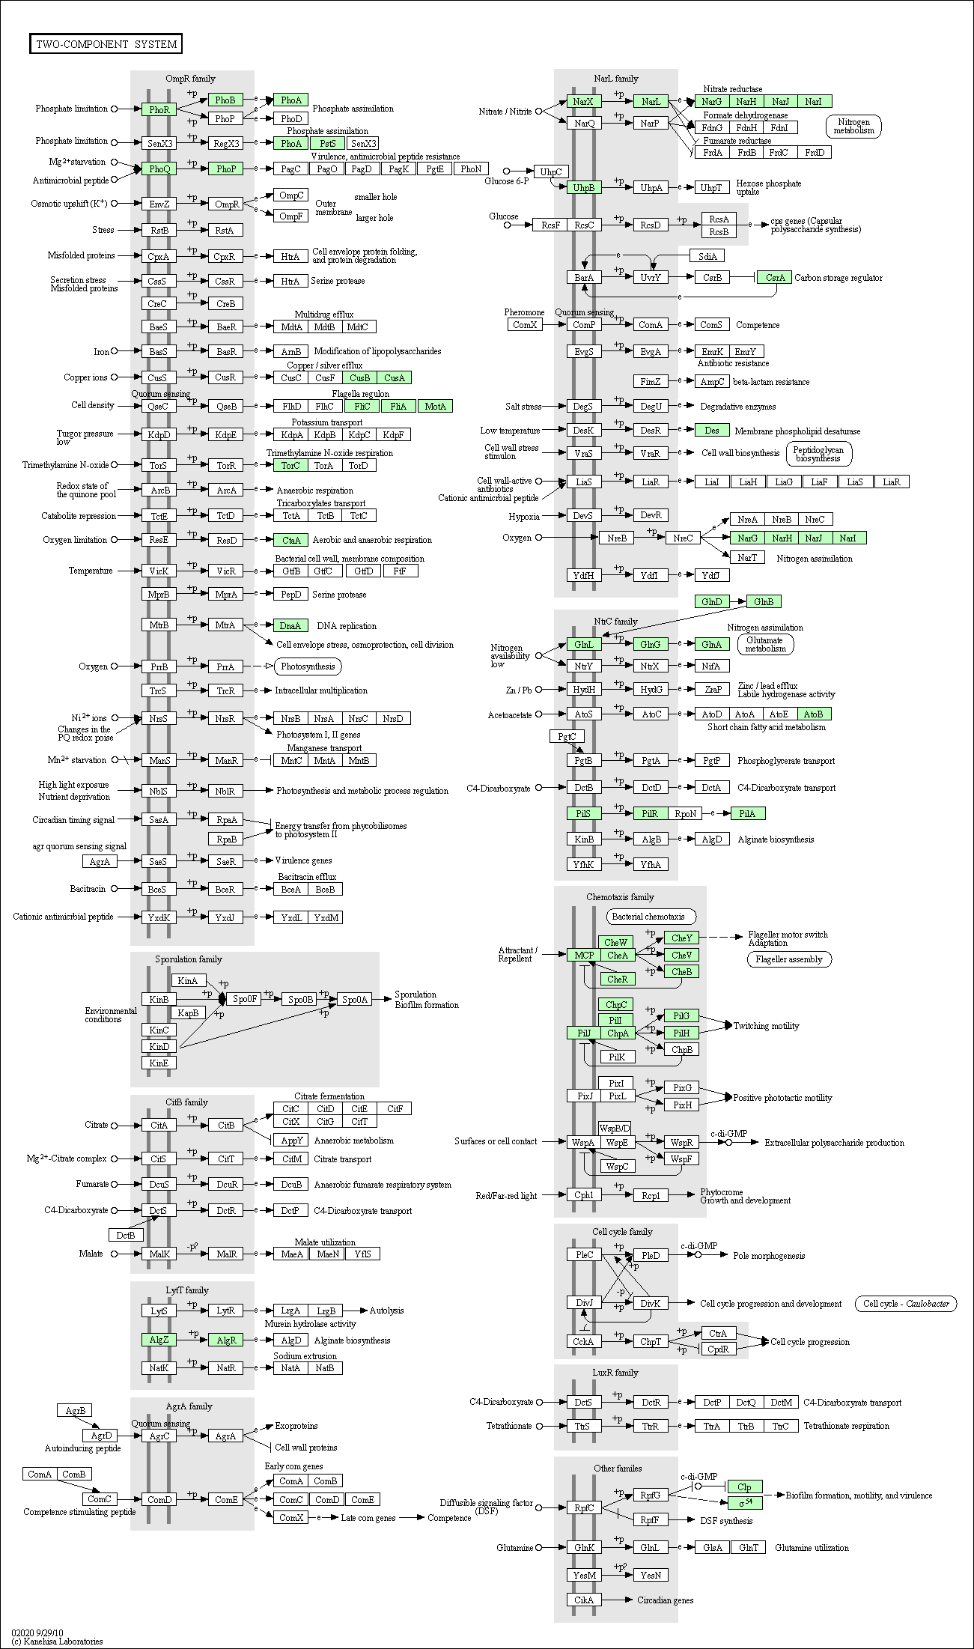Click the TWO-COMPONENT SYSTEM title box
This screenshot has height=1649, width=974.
click(x=106, y=44)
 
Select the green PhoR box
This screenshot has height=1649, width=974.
click(x=159, y=109)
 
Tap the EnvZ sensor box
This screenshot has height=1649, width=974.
click(x=159, y=204)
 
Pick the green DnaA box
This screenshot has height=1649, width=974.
click(x=290, y=625)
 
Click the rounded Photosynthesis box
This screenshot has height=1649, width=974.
click(x=308, y=666)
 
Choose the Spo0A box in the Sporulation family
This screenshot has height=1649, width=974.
click(x=355, y=999)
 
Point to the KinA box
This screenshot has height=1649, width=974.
click(x=188, y=980)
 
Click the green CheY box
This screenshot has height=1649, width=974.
click(x=681, y=938)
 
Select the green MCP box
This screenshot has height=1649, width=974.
click(x=584, y=955)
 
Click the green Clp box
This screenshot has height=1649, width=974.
click(x=744, y=1486)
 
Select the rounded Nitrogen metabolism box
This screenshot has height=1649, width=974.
click(x=853, y=127)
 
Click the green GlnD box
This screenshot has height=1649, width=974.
click(x=712, y=601)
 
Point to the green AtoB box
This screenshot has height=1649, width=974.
click(x=814, y=714)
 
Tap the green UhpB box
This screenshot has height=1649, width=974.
click(x=584, y=187)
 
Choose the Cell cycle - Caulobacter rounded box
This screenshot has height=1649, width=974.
click(x=906, y=1304)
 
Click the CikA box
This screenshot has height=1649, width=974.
click(x=584, y=1600)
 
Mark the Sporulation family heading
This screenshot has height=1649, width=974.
click(x=189, y=959)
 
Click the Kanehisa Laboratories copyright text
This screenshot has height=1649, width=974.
click(x=57, y=1641)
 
